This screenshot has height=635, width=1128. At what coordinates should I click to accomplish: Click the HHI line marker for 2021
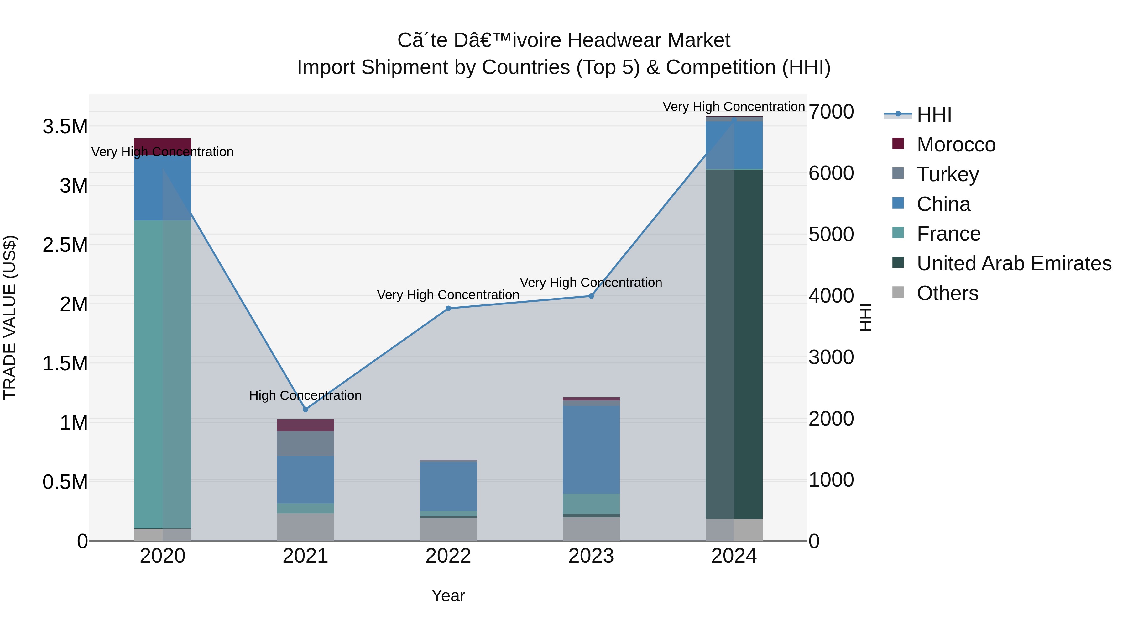305,409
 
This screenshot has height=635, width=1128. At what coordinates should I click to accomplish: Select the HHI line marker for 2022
448,309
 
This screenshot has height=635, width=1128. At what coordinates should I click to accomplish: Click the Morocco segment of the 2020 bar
162,146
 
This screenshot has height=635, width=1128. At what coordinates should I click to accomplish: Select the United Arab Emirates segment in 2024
734,344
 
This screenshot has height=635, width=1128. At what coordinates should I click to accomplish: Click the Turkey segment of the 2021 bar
305,443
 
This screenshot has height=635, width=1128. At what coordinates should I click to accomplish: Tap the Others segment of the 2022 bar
448,529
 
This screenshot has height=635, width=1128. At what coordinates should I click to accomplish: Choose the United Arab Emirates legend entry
1014,263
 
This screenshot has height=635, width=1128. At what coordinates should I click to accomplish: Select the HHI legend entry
934,115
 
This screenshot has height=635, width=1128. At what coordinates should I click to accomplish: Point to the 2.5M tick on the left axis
65,245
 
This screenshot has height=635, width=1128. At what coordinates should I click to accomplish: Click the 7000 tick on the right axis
831,112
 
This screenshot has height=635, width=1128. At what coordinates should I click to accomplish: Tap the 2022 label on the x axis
448,556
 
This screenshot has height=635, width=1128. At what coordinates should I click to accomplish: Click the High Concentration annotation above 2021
305,395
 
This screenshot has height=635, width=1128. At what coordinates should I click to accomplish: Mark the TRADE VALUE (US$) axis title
10,317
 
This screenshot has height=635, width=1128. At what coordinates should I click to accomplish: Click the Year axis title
448,595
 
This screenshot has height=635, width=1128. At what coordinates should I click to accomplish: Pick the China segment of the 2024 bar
734,145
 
